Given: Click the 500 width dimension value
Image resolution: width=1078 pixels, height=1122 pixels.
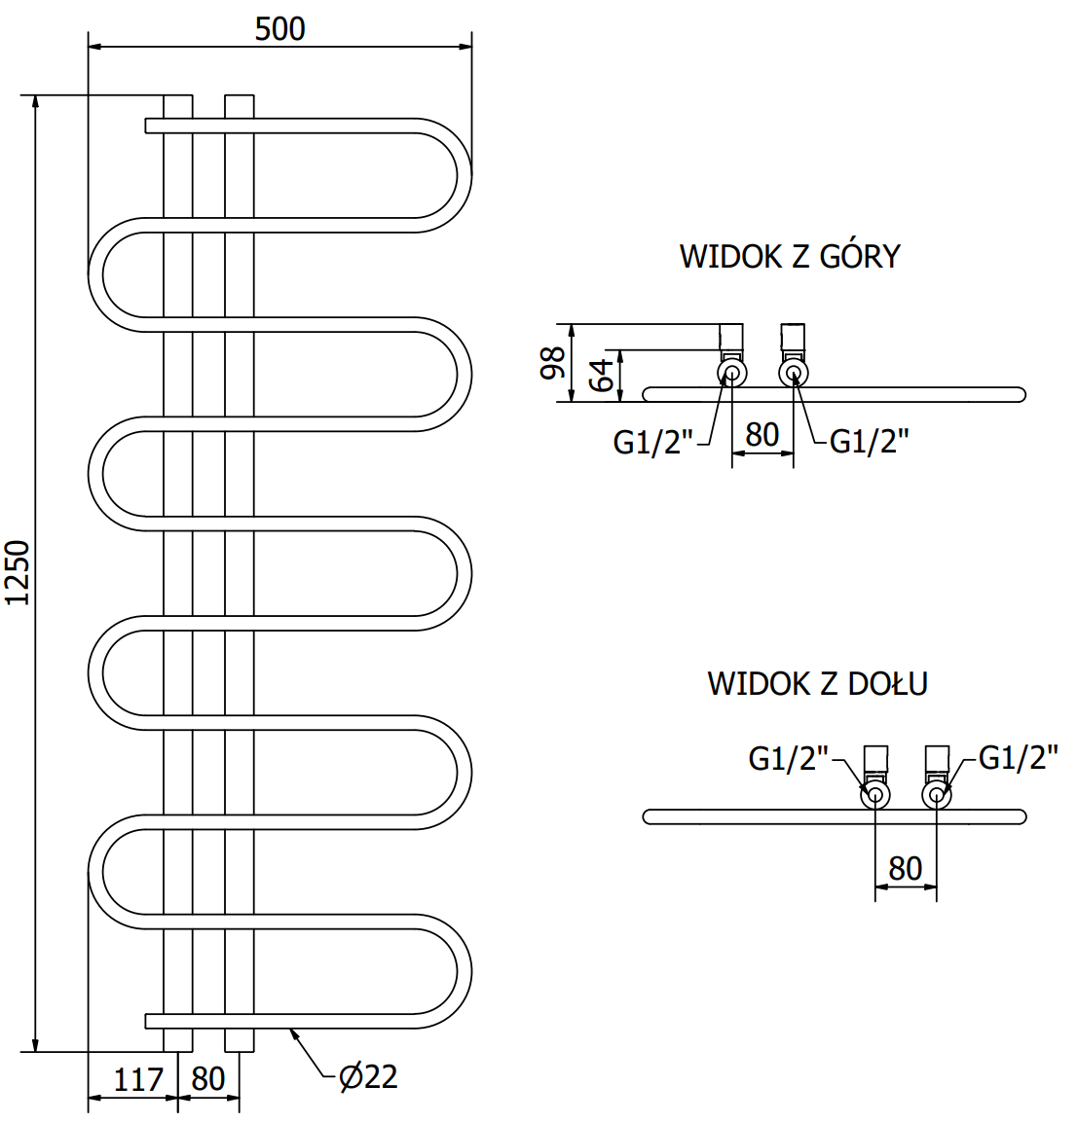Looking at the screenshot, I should pos(280,29).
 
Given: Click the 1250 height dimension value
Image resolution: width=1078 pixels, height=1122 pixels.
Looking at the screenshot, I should pos(18,572).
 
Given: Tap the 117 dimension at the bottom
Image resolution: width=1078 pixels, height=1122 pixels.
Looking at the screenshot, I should pos(138,1079).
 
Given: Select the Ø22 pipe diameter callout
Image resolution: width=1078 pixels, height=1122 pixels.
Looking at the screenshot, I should pos(368,1076).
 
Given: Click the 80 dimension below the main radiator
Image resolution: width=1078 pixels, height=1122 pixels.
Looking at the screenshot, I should pos(208,1079).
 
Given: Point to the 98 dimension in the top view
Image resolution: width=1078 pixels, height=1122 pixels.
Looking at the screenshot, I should pos(553,363).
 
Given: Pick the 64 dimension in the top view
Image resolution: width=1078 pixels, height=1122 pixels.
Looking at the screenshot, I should pos(604,375).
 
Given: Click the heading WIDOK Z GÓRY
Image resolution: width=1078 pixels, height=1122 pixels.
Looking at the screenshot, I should pos(790,257).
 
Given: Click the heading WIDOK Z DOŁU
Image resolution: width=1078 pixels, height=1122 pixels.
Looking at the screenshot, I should pos(817,683).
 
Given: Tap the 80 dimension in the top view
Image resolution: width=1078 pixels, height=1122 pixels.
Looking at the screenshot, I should pos(762,435).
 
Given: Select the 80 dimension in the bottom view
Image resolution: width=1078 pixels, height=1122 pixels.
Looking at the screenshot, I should pos(906,868).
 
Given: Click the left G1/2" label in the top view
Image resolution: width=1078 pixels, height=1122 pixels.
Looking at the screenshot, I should pos(652,443).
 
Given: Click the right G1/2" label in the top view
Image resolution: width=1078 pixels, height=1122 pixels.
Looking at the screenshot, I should pos(869,442).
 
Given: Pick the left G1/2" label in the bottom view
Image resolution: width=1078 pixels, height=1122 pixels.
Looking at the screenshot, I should pos(788,758).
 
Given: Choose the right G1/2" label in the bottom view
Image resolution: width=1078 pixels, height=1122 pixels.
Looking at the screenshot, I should pos(1018,757).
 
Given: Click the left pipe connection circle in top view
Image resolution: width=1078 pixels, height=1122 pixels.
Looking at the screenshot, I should pos(731,373).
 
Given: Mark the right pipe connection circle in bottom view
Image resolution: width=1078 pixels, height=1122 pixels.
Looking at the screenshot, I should pos(937,795).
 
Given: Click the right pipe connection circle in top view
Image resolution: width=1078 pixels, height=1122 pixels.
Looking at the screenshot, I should pos(793,373).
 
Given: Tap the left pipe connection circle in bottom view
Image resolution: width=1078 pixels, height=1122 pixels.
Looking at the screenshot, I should pos(875,795).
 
